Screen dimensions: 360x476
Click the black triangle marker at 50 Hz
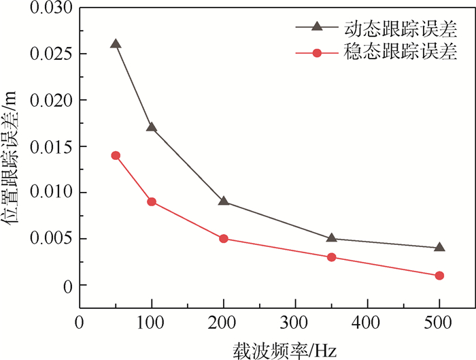(x=116, y=44)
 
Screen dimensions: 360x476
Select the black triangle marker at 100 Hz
(x=152, y=127)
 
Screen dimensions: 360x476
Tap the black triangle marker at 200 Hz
(x=224, y=201)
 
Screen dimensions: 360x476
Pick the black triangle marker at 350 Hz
(x=332, y=238)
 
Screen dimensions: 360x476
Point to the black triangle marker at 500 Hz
(x=439, y=248)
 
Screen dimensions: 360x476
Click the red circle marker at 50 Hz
(x=116, y=155)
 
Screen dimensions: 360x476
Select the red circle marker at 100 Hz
(x=152, y=201)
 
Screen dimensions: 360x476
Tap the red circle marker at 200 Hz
(x=224, y=239)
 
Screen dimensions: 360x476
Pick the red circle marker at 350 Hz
(x=332, y=257)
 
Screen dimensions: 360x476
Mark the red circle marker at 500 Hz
(x=439, y=276)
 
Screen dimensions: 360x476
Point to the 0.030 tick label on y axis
(x=52, y=8)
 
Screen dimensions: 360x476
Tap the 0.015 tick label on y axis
(x=52, y=146)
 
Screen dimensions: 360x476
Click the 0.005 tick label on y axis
(x=52, y=239)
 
